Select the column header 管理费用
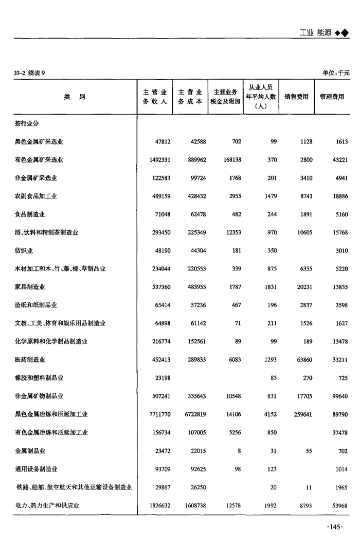tap(332, 97)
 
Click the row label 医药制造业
tap(30, 359)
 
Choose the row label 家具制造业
tap(30, 287)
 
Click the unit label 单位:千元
tap(336, 73)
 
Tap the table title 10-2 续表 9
tap(30, 73)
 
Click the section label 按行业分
tap(27, 124)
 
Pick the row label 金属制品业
tap(30, 450)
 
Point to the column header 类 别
tap(75, 97)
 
